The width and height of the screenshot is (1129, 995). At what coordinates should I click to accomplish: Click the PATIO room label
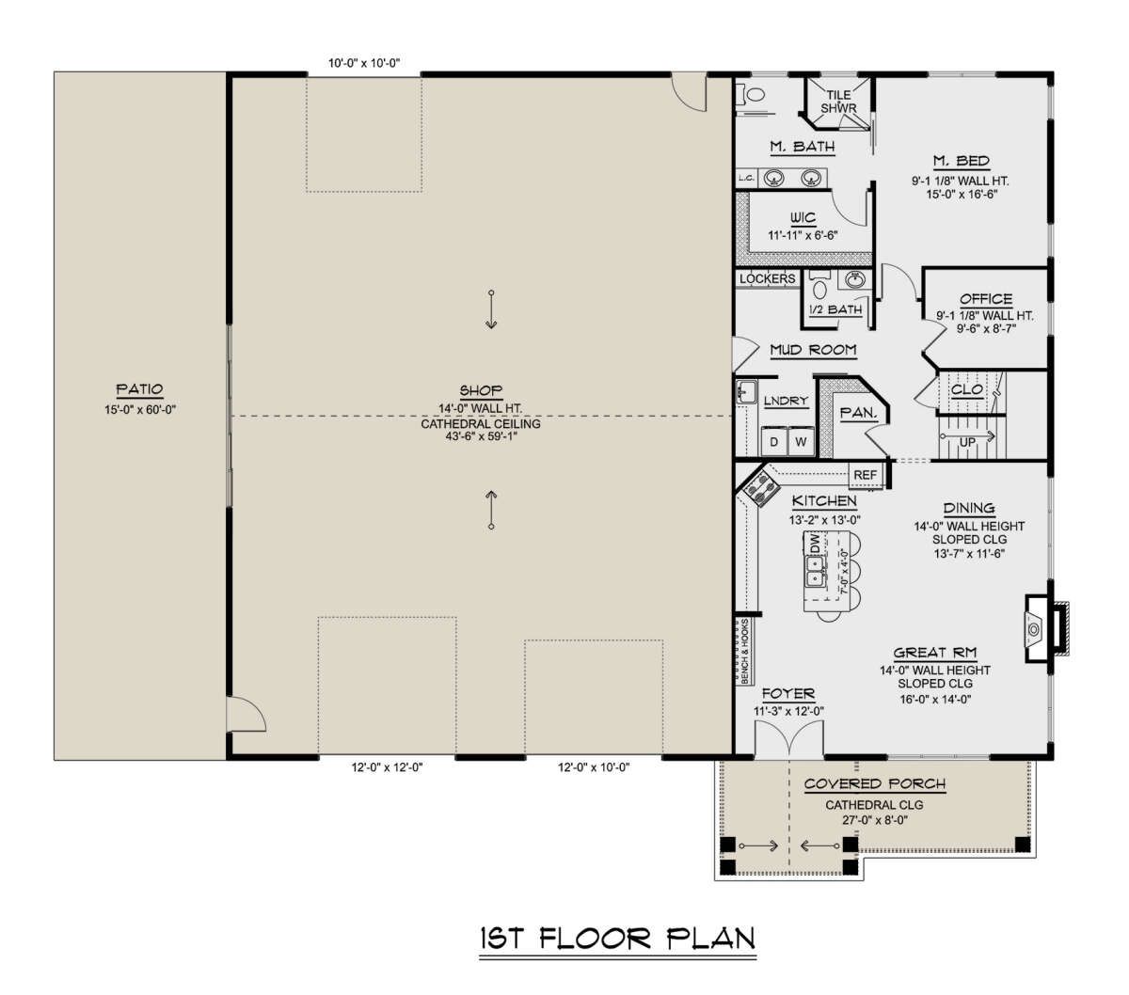pyautogui.click(x=139, y=388)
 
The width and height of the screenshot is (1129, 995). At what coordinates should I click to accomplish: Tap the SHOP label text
pyautogui.click(x=481, y=390)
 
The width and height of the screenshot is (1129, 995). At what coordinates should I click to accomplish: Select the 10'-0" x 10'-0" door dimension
pyautogui.click(x=364, y=63)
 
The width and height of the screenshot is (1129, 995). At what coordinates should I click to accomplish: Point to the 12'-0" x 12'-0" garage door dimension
pyautogui.click(x=387, y=767)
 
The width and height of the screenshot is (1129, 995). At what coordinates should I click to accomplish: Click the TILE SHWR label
pyautogui.click(x=838, y=102)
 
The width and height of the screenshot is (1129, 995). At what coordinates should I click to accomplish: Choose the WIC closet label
pyautogui.click(x=803, y=217)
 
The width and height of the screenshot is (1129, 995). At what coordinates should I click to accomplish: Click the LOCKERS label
pyautogui.click(x=768, y=278)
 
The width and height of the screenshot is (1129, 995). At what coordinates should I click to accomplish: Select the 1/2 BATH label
pyautogui.click(x=835, y=309)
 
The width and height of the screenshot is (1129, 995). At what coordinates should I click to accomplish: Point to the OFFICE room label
pyautogui.click(x=986, y=299)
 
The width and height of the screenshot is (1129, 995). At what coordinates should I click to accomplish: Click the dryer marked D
pyautogui.click(x=773, y=442)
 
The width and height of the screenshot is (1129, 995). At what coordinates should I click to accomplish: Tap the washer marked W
pyautogui.click(x=801, y=442)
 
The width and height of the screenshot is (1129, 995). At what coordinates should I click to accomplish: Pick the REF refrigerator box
pyautogui.click(x=865, y=475)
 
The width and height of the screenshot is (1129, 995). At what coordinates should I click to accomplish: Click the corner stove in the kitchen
pyautogui.click(x=759, y=489)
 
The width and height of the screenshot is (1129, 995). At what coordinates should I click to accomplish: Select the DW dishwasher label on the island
pyautogui.click(x=814, y=543)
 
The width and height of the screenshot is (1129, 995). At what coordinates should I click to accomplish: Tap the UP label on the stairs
pyautogui.click(x=967, y=442)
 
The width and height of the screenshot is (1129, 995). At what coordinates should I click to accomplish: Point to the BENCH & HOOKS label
pyautogui.click(x=744, y=651)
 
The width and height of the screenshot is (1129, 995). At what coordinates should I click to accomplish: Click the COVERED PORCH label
pyautogui.click(x=874, y=783)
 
